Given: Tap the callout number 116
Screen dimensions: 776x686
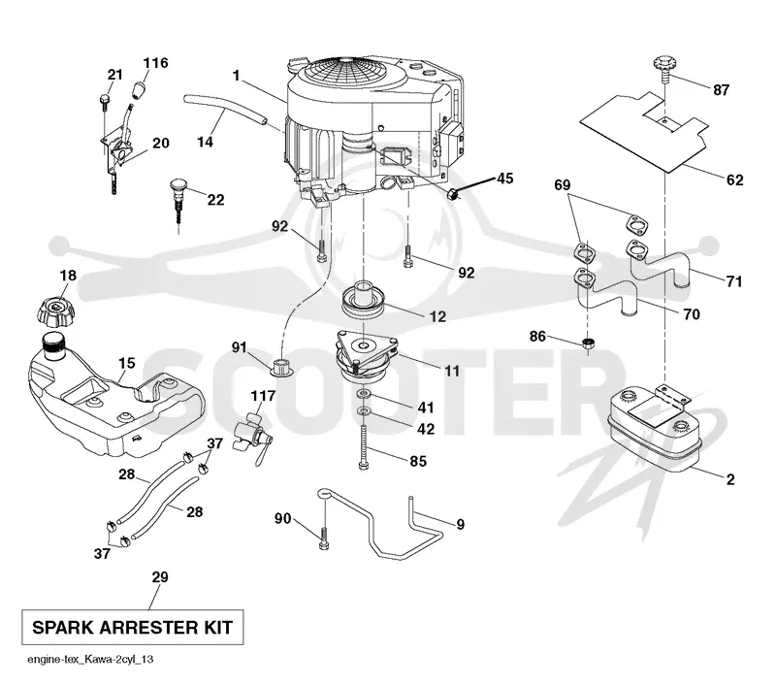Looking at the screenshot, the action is [x=155, y=63].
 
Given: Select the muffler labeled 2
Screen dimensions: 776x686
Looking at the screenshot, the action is [x=653, y=425].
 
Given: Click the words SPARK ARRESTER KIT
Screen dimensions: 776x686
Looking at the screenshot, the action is [x=132, y=628].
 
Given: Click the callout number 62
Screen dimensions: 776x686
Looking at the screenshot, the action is [x=735, y=180].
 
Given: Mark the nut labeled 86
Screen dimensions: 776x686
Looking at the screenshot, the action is [x=588, y=344].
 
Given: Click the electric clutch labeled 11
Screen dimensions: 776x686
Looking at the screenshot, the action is [x=366, y=356].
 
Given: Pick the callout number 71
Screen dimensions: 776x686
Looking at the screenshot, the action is [x=734, y=281].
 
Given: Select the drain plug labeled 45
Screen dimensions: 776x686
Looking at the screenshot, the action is [x=453, y=194].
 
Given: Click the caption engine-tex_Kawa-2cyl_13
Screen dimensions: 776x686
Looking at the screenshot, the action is [x=90, y=659].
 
